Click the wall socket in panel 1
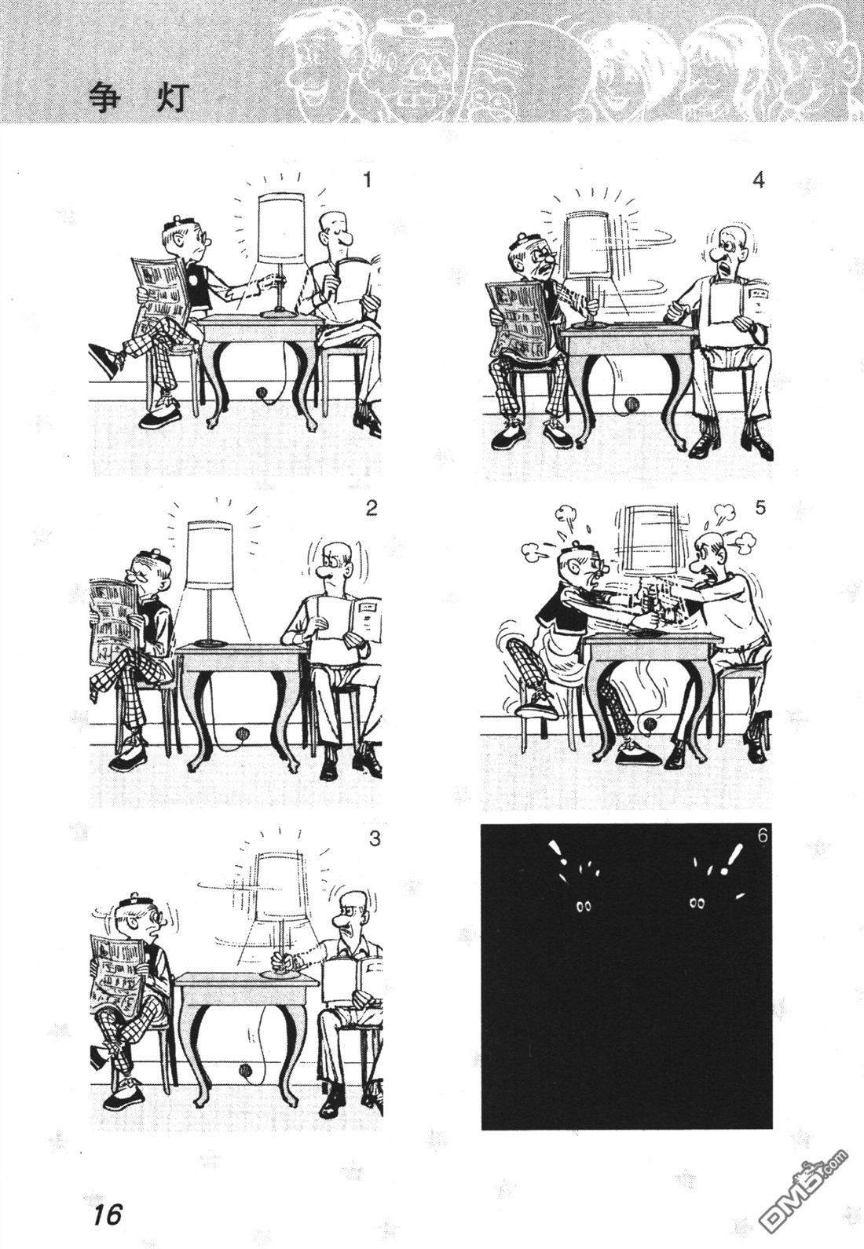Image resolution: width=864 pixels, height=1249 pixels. click(261, 392)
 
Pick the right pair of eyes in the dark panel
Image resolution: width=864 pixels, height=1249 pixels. click(697, 904)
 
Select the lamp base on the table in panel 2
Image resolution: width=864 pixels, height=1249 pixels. click(209, 643)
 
